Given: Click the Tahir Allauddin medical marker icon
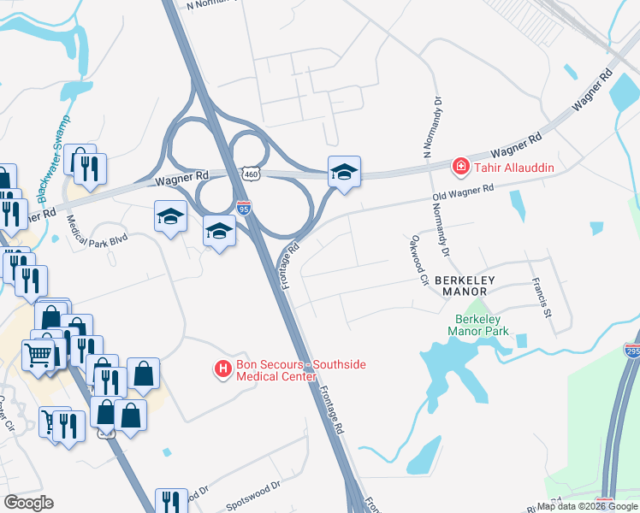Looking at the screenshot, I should coord(460,166).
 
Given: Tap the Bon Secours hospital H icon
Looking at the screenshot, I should coord(222,369).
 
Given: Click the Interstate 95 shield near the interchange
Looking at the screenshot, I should coord(243,206).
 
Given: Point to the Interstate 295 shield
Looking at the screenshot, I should coord(631,351).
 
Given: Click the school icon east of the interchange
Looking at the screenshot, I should coord(344,172).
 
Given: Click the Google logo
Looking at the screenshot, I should coord(28,503).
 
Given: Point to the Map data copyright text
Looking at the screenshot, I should coord(588,506).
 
